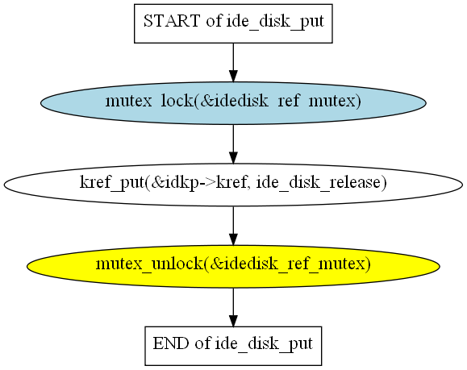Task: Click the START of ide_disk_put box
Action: coord(233,23)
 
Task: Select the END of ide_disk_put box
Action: coord(233,346)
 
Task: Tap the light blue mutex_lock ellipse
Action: coord(233,103)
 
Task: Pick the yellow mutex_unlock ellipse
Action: coord(233,266)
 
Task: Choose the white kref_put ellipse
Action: coord(233,185)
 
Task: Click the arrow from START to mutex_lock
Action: coord(233,63)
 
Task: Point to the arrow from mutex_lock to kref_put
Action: coord(233,144)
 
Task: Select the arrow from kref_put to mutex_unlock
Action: coord(233,226)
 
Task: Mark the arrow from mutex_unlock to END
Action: coord(233,307)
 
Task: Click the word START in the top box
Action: coord(172,21)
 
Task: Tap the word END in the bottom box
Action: coord(171,343)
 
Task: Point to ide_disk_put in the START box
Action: coord(274,22)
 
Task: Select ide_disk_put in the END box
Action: coord(264,344)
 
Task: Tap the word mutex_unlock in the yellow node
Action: coord(149,264)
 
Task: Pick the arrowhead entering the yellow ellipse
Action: coord(233,239)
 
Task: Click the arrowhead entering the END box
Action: coord(233,321)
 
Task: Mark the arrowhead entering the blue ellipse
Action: coord(233,77)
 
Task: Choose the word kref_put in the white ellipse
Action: coord(112,182)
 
